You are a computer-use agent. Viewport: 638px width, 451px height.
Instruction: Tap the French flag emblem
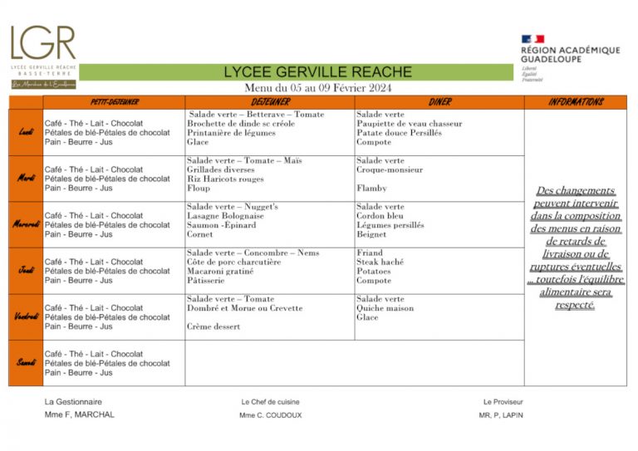click(x=532, y=39)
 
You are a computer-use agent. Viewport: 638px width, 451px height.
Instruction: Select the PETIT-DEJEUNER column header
click(x=113, y=102)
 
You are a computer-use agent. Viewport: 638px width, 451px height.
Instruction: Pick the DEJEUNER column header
click(x=270, y=102)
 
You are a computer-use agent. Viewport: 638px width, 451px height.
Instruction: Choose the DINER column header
click(x=439, y=102)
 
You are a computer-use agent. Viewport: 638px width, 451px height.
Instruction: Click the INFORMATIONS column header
click(x=576, y=102)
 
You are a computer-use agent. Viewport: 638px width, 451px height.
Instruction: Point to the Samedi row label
click(x=26, y=363)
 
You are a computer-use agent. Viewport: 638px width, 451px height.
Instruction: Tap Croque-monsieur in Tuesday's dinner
click(x=390, y=170)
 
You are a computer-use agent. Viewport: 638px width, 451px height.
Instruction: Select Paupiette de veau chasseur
click(x=409, y=124)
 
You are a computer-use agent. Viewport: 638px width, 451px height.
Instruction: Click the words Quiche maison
click(x=385, y=308)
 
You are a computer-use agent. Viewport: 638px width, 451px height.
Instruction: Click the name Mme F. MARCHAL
click(x=80, y=414)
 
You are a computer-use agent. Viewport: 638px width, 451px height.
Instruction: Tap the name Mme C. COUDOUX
click(x=270, y=415)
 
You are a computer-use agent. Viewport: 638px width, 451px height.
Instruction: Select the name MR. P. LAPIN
click(x=501, y=415)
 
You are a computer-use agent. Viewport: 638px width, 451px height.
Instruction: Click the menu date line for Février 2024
click(x=317, y=88)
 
